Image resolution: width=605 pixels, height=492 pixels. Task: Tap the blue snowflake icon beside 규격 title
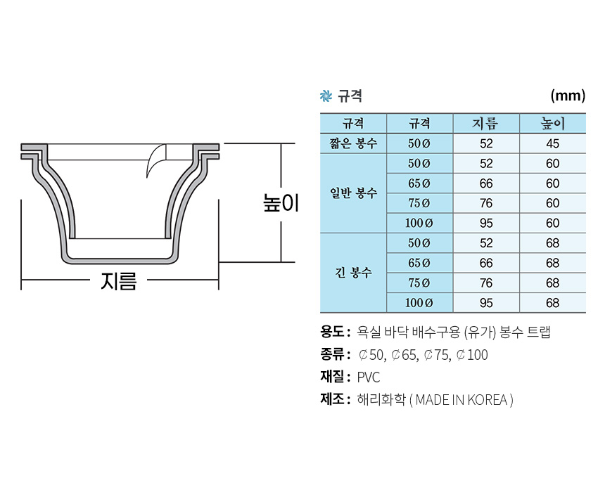click(326, 96)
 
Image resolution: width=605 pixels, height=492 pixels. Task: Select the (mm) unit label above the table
click(568, 96)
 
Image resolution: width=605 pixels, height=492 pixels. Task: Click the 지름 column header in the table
click(485, 124)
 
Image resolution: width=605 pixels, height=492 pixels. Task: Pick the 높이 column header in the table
click(553, 124)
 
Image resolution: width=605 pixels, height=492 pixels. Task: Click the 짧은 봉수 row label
click(353, 143)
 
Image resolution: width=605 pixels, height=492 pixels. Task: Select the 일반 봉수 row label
click(353, 193)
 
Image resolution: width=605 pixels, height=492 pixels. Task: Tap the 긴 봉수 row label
click(353, 272)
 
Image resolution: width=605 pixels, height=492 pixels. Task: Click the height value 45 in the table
click(553, 143)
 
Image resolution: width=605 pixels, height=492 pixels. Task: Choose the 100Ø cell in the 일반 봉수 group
click(419, 223)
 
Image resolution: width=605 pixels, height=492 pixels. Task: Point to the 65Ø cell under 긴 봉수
click(419, 263)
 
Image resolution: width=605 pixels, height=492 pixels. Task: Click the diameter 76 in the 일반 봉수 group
click(485, 203)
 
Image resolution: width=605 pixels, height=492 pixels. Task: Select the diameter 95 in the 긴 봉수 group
click(485, 303)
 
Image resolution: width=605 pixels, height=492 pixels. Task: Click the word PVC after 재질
click(369, 377)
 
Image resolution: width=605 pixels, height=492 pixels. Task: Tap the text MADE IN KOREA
click(461, 400)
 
